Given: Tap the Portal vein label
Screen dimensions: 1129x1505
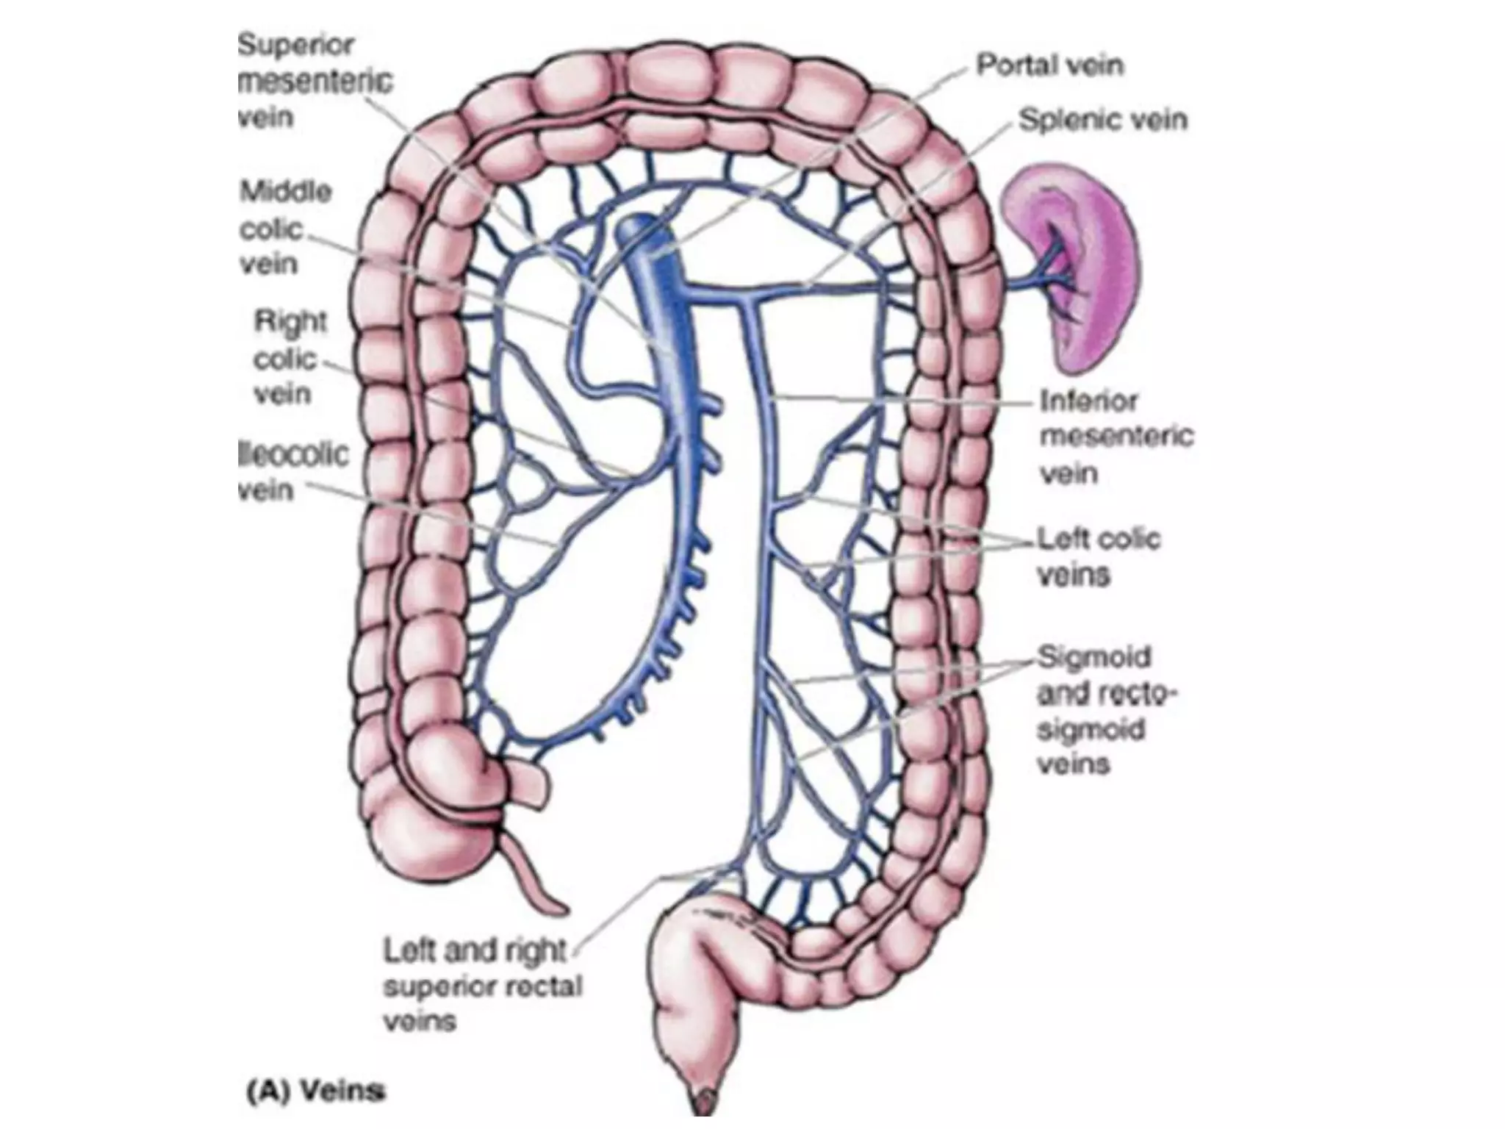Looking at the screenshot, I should (1049, 65).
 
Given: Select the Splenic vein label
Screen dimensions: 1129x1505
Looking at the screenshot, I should (1102, 120).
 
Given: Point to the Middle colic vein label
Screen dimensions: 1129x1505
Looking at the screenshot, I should (284, 228).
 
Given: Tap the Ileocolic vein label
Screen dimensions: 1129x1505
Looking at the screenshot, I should (292, 471).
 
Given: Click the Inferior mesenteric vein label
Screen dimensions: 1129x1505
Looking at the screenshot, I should (1116, 437).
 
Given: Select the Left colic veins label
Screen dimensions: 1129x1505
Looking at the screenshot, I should (1098, 556).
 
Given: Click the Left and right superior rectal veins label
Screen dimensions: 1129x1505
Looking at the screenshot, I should (481, 986).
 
